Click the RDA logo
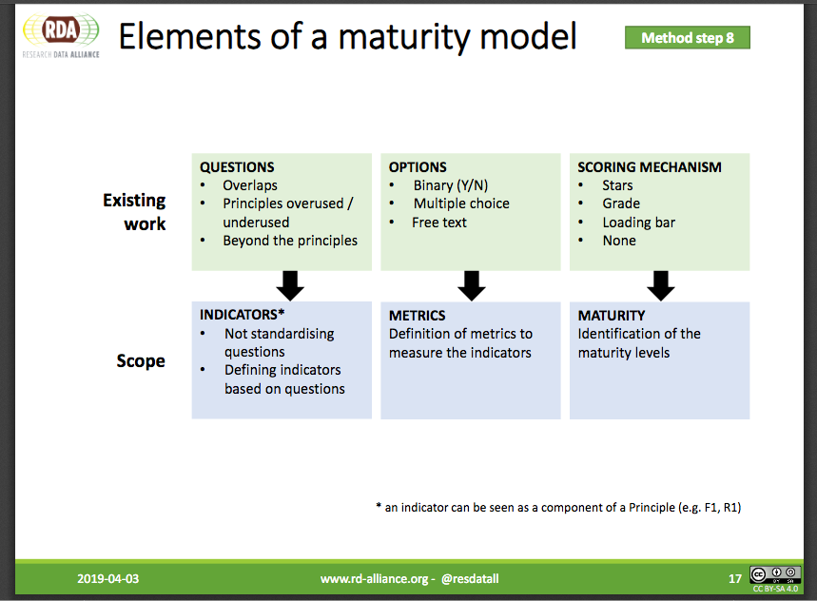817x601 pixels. [61, 35]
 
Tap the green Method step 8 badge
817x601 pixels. [688, 37]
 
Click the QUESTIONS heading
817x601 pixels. [237, 167]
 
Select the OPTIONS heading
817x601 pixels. [418, 167]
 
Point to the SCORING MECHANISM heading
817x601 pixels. [650, 167]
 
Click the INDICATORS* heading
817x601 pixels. [242, 315]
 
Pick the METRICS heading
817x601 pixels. [417, 316]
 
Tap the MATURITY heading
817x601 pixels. [612, 316]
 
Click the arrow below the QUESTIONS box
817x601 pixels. [290, 286]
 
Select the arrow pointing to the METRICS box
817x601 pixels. [472, 286]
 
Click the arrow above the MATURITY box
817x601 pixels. [661, 286]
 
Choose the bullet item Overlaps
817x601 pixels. [250, 185]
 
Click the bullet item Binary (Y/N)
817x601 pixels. [451, 185]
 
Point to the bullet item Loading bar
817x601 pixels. [639, 223]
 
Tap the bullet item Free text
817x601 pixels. [439, 223]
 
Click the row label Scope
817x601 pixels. [141, 361]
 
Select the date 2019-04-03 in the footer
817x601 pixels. [107, 578]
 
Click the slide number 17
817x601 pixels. [734, 578]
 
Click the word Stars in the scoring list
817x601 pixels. [617, 185]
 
